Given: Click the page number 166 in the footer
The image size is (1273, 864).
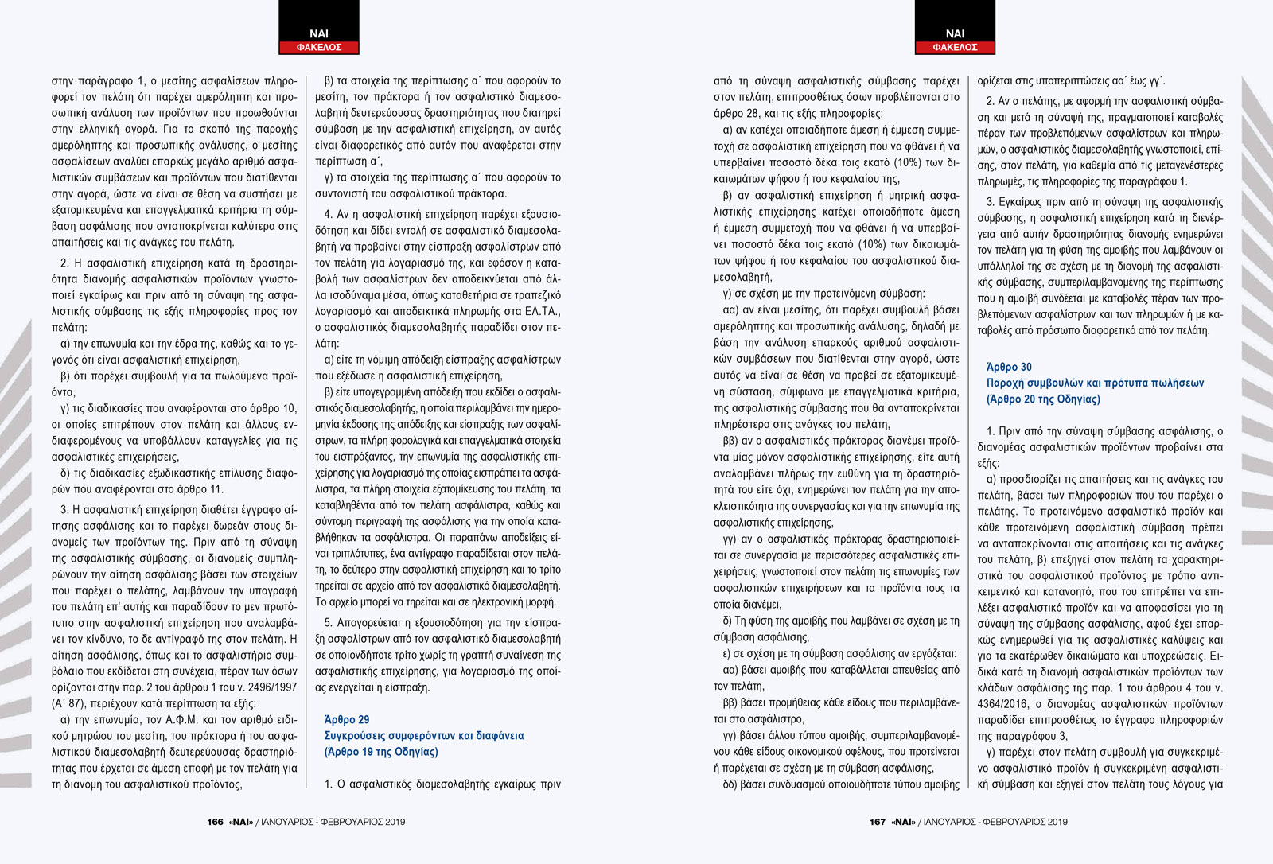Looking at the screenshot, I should pos(215,822).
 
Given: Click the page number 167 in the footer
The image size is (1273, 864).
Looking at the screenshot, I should pos(877,822).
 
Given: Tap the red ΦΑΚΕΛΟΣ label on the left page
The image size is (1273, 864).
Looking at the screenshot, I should pos(319,48).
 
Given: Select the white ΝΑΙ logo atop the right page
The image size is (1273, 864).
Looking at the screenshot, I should pos(955,33).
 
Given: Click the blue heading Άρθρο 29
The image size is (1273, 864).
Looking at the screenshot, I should pos(347,719).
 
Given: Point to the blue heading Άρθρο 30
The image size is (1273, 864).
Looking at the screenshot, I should pos(1009,367).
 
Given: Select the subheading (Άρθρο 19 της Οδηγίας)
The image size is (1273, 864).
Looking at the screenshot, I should pos(381,752).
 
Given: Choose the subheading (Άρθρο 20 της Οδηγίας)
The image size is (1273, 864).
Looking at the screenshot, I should pos(1043,399).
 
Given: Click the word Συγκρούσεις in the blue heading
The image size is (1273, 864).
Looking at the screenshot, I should pos(355,736).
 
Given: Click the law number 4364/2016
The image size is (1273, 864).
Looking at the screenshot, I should pos(1004,704).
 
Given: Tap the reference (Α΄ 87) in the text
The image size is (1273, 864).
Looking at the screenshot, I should pos(70,703).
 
